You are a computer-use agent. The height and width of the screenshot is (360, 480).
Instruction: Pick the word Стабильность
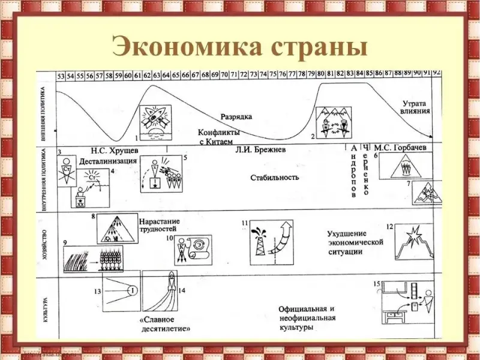[x=275, y=178]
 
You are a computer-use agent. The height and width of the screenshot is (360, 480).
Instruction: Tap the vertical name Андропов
[x=353, y=171]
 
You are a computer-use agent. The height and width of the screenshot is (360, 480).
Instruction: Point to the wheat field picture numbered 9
[x=93, y=259]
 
